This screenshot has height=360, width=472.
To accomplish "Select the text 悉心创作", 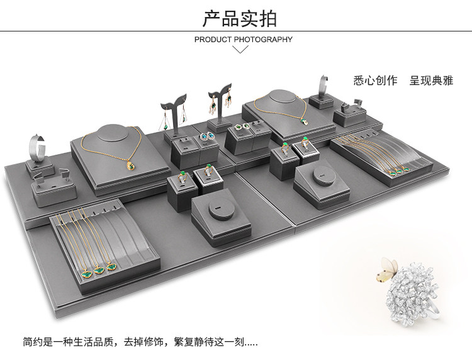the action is (376, 81).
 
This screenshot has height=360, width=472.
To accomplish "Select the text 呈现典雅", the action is (430, 81).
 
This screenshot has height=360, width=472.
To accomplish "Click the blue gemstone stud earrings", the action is (206, 135).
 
